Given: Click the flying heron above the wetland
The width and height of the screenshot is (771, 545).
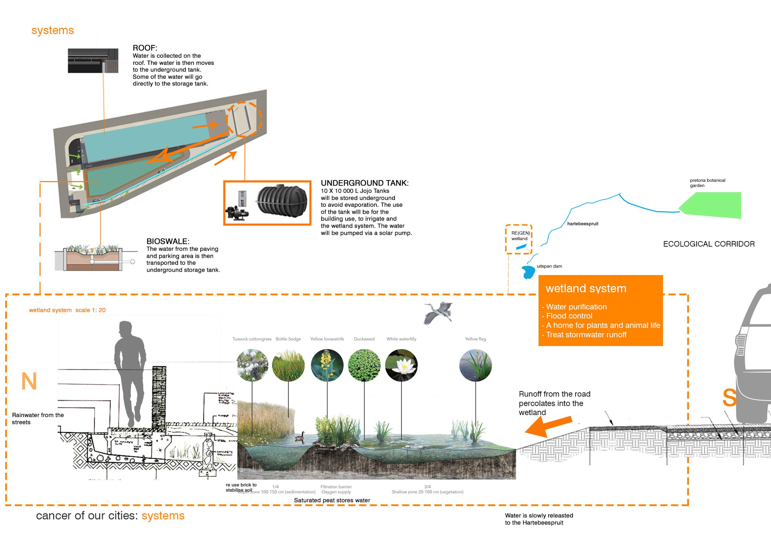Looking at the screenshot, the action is tap(438, 312).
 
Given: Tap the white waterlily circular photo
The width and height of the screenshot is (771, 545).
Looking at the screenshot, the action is tap(401, 365).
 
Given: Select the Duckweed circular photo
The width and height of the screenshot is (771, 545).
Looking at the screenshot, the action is tap(364, 365).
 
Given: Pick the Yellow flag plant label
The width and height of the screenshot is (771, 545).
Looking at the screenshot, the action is tap(475, 339).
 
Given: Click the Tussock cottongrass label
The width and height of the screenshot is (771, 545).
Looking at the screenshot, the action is tap(252, 339).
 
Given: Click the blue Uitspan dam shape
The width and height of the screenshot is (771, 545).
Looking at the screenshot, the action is tap(528, 272).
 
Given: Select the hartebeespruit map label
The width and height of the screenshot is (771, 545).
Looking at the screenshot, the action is tap(583, 224).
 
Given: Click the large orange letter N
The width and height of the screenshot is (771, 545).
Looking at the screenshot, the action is tap(29, 381).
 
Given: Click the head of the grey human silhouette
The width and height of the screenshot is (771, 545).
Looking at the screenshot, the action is tap(125, 329).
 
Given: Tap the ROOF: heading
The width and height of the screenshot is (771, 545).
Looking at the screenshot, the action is tap(145, 48).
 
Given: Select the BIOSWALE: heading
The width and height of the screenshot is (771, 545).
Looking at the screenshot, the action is tap(168, 241).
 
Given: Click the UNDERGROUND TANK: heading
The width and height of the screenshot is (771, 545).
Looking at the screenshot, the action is tap(365, 183).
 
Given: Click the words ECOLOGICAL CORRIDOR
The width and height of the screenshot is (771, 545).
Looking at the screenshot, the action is tap(708, 244).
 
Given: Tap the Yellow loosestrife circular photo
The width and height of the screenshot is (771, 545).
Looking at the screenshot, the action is tap(327, 365).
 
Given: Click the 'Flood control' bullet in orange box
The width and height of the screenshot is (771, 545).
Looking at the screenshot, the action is tap(569, 316).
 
